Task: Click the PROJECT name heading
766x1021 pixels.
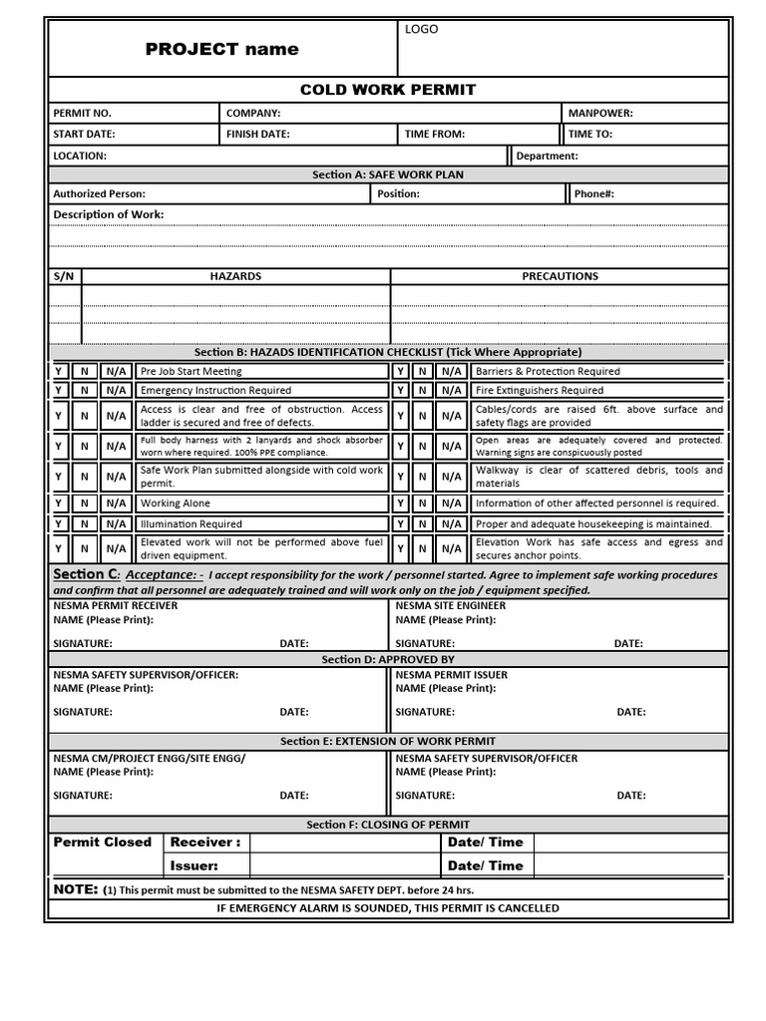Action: tap(221, 49)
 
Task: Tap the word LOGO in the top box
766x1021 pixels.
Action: tap(421, 30)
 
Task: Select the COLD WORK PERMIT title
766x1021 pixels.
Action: tap(388, 90)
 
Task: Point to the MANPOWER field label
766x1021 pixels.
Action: tap(600, 114)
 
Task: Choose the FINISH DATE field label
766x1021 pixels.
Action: tap(257, 134)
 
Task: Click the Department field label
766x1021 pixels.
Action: tap(547, 156)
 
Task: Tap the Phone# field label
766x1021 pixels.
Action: tap(593, 194)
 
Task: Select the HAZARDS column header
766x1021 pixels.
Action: tap(235, 276)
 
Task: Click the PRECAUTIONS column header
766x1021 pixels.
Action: tap(560, 276)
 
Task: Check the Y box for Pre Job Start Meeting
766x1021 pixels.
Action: tap(59, 371)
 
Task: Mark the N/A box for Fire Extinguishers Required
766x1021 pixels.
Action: tap(451, 390)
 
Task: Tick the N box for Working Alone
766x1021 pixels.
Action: tap(85, 504)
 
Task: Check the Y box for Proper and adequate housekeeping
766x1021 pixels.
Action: tap(400, 523)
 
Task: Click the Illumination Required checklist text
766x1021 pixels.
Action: tap(191, 523)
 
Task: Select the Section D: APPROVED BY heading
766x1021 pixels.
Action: tap(388, 659)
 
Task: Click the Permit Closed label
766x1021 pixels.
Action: tap(102, 843)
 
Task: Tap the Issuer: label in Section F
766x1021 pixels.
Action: tap(193, 865)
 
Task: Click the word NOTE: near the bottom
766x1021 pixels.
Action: tap(76, 888)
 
